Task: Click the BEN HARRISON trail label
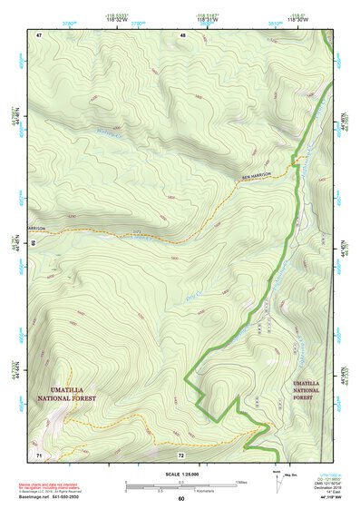[255, 175]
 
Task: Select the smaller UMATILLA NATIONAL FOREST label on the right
[306, 389]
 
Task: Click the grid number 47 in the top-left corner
[40, 34]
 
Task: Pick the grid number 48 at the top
[182, 34]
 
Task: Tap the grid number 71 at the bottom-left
[39, 453]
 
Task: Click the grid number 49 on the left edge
[32, 243]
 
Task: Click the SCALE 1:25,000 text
[180, 474]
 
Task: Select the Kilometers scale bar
[172, 490]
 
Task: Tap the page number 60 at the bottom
[180, 499]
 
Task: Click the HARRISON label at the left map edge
[36, 228]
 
